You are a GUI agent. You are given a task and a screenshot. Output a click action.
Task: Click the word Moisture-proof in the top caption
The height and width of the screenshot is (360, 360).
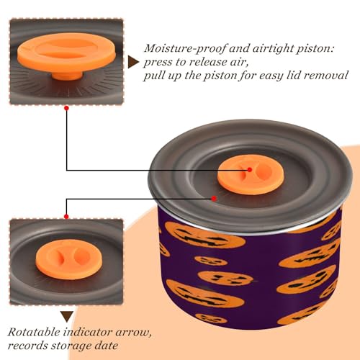(185, 48)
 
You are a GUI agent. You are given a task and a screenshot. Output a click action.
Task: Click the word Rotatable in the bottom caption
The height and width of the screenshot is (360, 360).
(34, 332)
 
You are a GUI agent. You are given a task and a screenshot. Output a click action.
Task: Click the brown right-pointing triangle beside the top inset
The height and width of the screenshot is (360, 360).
(133, 62)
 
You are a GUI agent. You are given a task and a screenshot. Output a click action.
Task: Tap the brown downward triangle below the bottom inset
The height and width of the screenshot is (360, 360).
(67, 317)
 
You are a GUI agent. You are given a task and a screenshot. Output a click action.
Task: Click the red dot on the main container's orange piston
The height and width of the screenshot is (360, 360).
(250, 170)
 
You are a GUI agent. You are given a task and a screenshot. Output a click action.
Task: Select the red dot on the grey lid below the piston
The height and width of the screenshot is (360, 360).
(214, 199)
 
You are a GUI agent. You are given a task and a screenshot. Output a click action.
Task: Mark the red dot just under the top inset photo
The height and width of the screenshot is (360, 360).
(67, 108)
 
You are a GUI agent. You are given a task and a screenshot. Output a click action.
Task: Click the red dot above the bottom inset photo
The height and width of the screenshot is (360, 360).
(66, 217)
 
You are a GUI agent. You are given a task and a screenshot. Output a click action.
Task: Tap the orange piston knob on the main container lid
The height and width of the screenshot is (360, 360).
(251, 174)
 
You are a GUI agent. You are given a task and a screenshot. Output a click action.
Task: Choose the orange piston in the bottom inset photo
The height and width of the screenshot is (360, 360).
(69, 259)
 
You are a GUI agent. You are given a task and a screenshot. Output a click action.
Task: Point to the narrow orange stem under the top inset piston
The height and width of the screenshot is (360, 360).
(67, 76)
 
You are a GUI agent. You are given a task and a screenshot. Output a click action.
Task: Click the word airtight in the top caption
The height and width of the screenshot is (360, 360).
(261, 49)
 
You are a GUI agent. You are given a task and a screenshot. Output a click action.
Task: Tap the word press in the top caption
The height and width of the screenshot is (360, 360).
(157, 63)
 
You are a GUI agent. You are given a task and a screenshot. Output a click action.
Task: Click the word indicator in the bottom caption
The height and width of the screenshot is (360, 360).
(88, 332)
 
